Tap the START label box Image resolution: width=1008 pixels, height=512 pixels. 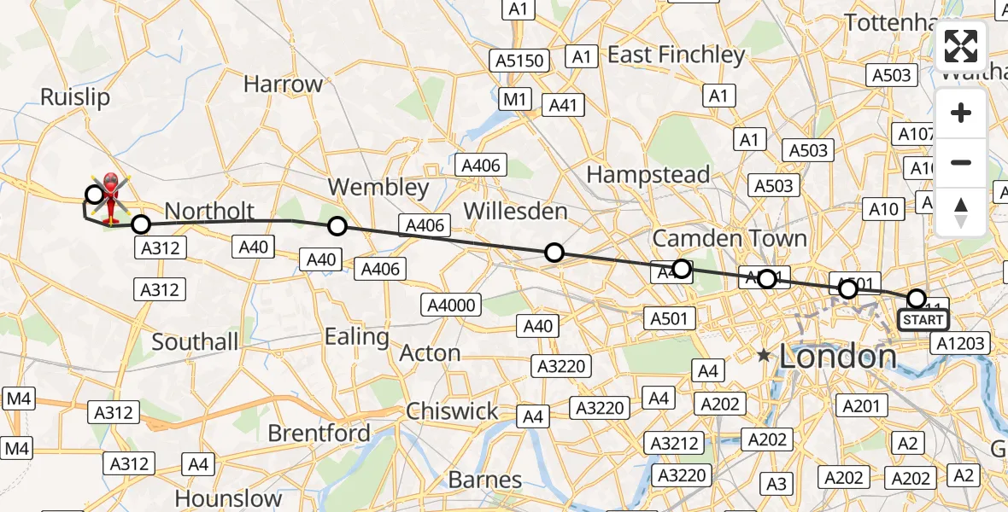[923, 320]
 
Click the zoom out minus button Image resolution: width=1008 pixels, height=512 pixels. [961, 162]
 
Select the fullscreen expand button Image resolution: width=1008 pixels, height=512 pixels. [961, 46]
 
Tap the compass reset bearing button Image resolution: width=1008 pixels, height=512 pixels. [961, 211]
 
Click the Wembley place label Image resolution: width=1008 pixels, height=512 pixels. [378, 187]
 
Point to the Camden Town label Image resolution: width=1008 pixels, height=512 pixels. [730, 237]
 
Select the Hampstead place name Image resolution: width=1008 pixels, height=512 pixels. [648, 175]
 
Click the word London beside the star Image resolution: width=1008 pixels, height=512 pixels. [838, 356]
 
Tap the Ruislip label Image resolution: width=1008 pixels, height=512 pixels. [75, 97]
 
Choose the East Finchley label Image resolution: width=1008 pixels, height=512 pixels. [676, 55]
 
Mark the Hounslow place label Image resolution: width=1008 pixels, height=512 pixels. [228, 498]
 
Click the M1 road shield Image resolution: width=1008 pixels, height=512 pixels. [514, 100]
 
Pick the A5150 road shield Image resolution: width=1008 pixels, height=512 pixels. [518, 61]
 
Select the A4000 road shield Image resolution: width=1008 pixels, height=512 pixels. [454, 305]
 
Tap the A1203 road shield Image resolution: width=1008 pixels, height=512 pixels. [959, 343]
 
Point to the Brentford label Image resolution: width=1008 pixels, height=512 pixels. [319, 433]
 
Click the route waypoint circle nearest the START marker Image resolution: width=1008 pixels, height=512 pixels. [917, 299]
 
